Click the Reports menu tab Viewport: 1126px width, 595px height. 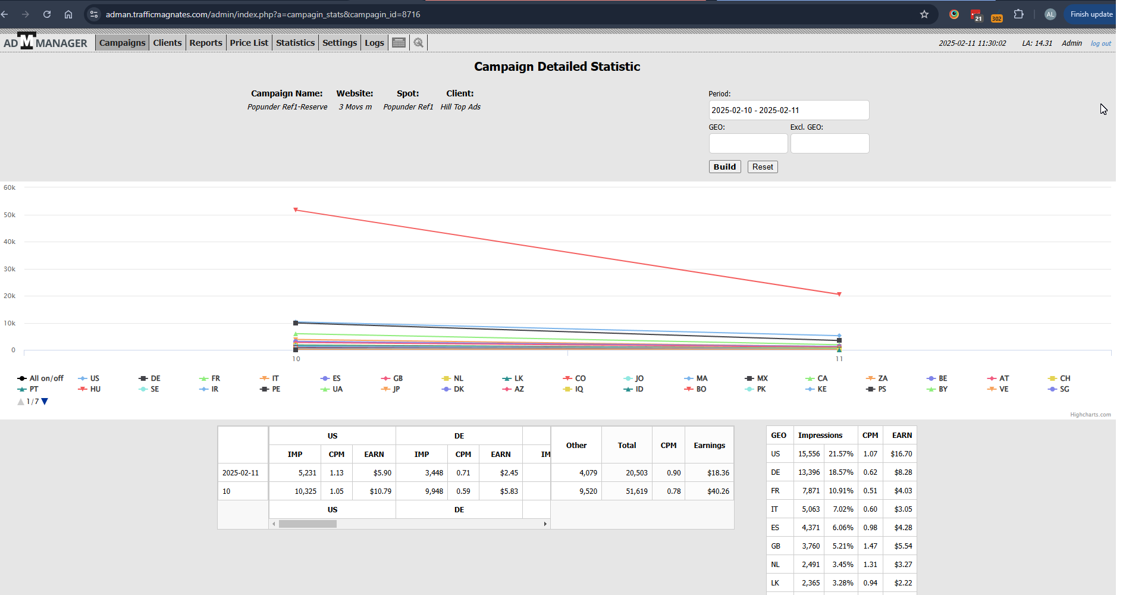pos(206,43)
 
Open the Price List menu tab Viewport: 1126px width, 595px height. pos(249,43)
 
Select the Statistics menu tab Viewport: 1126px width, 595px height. pos(295,43)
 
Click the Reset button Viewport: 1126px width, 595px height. pos(763,167)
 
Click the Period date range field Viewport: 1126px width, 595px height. pos(789,110)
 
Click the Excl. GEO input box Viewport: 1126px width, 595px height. pos(830,143)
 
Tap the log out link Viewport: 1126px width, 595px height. pos(1100,43)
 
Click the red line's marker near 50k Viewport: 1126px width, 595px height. pos(296,210)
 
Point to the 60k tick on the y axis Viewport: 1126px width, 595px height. pos(10,187)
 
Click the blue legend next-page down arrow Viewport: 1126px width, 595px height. pos(45,402)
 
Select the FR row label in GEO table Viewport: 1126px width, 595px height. pos(775,491)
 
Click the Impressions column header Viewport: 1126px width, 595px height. pos(820,436)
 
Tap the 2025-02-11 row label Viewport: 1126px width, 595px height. pos(240,473)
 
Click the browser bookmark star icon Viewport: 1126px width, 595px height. pos(924,14)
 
